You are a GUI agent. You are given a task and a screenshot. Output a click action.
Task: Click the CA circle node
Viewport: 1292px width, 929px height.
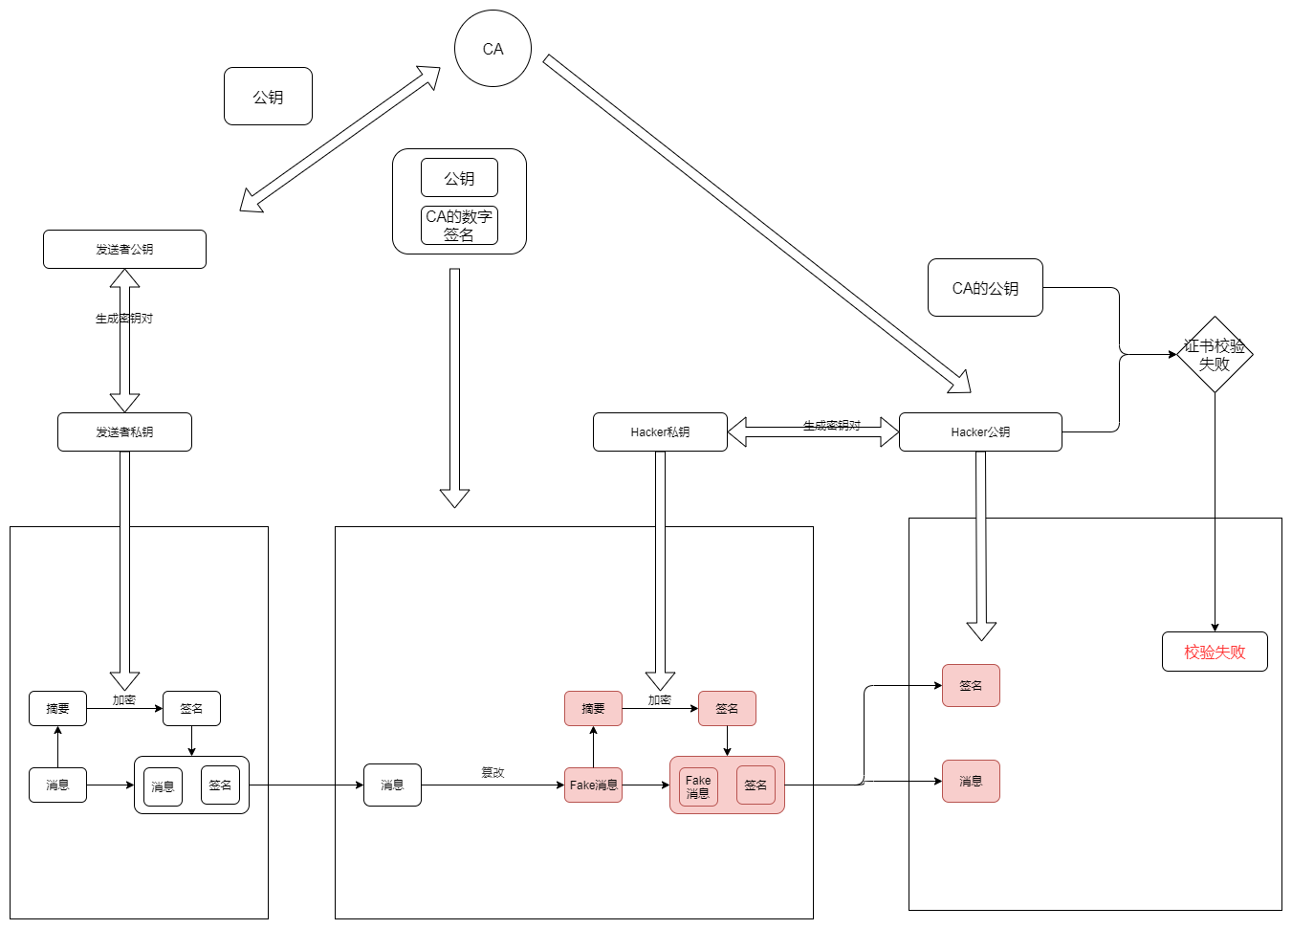tap(493, 49)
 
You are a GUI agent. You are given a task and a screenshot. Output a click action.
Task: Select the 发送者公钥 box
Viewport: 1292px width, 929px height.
tap(124, 250)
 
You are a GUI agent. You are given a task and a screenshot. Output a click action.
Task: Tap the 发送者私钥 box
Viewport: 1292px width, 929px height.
tap(124, 431)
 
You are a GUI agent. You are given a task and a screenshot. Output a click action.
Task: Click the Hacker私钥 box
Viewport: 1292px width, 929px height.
tap(660, 431)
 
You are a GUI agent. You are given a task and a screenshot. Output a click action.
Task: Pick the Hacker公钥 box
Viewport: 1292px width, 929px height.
tap(980, 431)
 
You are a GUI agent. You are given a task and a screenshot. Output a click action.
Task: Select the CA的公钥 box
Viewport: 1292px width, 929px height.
tap(985, 287)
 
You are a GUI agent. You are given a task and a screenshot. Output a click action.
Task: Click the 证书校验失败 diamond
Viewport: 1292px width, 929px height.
tap(1215, 354)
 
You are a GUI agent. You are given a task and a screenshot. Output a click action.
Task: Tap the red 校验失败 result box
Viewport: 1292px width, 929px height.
tap(1215, 653)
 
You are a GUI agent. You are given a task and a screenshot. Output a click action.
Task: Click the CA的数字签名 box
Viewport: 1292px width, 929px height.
tap(459, 226)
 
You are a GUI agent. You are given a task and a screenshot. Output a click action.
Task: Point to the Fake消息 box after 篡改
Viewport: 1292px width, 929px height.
tap(593, 785)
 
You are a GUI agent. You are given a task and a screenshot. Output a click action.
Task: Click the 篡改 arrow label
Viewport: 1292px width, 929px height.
tap(493, 772)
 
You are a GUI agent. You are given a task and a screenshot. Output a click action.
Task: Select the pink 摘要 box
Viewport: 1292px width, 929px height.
tap(593, 709)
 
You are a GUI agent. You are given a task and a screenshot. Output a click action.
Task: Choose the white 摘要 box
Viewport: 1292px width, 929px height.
tap(57, 709)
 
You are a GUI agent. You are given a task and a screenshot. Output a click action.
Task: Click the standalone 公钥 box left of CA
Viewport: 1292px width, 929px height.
tap(268, 97)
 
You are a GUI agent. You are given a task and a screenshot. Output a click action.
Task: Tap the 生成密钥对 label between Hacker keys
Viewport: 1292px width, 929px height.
tap(832, 426)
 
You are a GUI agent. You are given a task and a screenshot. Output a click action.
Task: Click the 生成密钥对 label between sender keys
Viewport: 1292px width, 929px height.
tap(124, 319)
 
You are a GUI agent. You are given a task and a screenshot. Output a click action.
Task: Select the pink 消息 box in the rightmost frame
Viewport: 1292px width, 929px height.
tap(971, 782)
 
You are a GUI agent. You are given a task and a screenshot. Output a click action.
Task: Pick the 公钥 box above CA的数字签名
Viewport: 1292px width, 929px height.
tap(459, 178)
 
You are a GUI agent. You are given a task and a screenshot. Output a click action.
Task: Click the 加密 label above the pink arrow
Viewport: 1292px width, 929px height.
tap(659, 700)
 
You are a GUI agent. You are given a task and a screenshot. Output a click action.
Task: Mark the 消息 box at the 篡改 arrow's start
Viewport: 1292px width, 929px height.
tap(392, 785)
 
